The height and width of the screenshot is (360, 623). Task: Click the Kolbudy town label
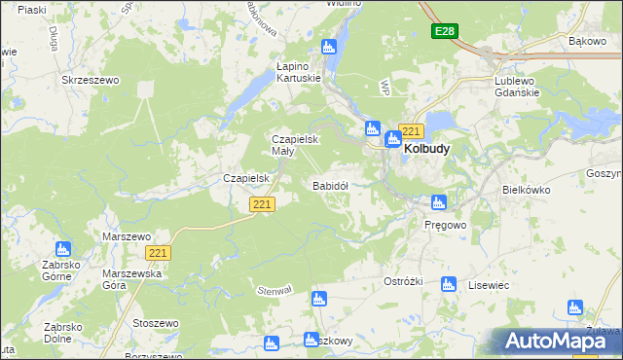pyautogui.click(x=426, y=151)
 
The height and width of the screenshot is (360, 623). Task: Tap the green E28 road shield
pyautogui.click(x=445, y=32)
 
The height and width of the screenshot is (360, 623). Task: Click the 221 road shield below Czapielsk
pyautogui.click(x=262, y=204)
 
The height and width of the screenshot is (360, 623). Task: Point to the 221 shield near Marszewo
pyautogui.click(x=160, y=252)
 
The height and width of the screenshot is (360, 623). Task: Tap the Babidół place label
pyautogui.click(x=330, y=185)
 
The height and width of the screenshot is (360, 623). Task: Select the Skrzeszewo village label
pyautogui.click(x=90, y=81)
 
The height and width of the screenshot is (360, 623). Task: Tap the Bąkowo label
pyautogui.click(x=587, y=42)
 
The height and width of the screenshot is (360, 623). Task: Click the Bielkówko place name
pyautogui.click(x=526, y=191)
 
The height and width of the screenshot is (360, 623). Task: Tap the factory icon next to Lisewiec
pyautogui.click(x=448, y=284)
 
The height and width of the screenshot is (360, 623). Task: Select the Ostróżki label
pyautogui.click(x=402, y=281)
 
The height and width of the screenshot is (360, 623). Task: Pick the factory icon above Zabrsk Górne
pyautogui.click(x=63, y=249)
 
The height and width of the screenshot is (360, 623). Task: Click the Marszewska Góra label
pyautogui.click(x=128, y=280)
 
